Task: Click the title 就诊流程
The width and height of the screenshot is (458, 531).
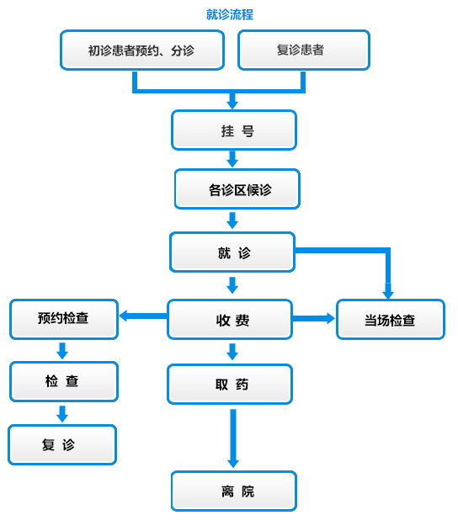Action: click(x=230, y=14)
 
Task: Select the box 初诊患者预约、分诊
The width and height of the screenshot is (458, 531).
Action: click(x=142, y=50)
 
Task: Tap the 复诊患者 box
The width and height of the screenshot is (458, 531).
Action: click(x=304, y=50)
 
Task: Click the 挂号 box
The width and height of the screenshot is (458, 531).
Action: click(x=234, y=130)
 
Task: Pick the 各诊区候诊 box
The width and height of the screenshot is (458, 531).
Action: click(x=237, y=189)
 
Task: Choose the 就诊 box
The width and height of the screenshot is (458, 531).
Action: click(x=232, y=252)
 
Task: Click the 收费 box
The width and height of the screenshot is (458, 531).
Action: click(x=230, y=319)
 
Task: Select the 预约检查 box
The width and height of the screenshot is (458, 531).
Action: click(x=64, y=319)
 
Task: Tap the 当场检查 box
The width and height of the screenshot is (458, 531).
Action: click(x=391, y=319)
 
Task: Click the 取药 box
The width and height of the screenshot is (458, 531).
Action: click(x=230, y=385)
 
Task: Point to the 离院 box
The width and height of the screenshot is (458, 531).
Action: click(x=234, y=491)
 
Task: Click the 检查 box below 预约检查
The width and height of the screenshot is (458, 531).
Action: click(x=64, y=382)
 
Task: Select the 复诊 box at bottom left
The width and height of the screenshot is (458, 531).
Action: click(x=62, y=444)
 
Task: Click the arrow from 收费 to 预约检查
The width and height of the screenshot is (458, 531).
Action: click(x=143, y=316)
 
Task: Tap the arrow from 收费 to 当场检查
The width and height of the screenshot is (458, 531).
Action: click(x=314, y=318)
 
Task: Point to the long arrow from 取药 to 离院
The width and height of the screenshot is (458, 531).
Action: click(x=233, y=438)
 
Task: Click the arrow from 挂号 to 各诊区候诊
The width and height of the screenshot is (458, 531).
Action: click(x=232, y=159)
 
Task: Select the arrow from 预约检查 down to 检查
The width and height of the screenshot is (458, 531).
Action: click(x=62, y=351)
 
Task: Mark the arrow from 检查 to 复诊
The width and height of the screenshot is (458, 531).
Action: click(x=62, y=414)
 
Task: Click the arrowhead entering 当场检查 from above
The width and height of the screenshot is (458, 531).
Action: click(x=388, y=291)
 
